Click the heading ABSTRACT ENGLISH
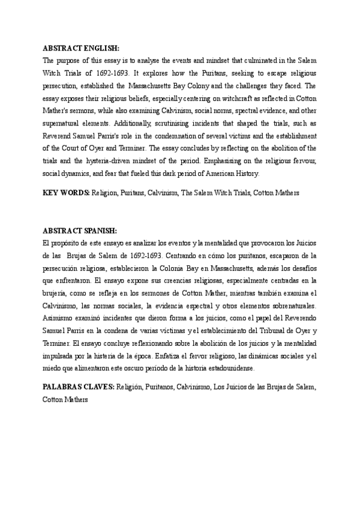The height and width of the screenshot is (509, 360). pyautogui.click(x=81, y=47)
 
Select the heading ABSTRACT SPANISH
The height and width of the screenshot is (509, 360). pyautogui.click(x=80, y=230)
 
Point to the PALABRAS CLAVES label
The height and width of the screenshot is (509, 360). pyautogui.click(x=78, y=388)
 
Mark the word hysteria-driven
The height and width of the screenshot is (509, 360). pyautogui.click(x=133, y=163)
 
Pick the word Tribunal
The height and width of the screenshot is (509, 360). pyautogui.click(x=266, y=333)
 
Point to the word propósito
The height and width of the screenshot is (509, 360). pyautogui.click(x=66, y=242)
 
